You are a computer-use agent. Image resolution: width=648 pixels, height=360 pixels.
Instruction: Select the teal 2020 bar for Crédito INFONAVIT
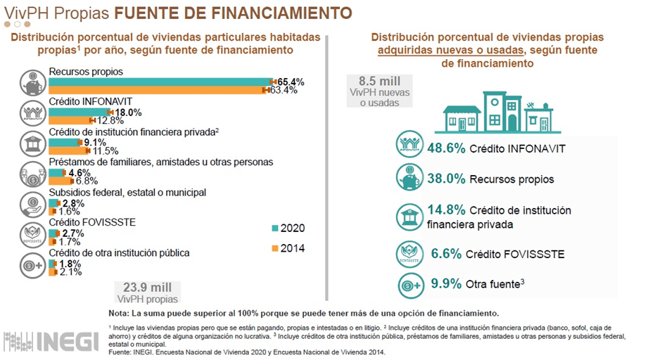pos(80,112)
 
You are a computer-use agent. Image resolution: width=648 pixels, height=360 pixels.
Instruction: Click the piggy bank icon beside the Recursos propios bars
pos(33,82)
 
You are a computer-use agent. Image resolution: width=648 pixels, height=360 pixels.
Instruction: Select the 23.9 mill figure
pos(147,287)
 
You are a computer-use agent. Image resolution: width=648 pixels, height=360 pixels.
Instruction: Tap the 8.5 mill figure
pos(379,82)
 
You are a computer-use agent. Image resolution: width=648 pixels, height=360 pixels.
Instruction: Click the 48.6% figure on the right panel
pos(445,148)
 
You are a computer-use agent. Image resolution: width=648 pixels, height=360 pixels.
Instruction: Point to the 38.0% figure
pos(445,179)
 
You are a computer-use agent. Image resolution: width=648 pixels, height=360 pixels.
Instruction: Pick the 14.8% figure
pos(445,210)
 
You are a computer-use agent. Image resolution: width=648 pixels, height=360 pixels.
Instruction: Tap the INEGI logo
pos(52,340)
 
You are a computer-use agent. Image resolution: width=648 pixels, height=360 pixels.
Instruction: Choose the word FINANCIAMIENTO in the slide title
pos(281,13)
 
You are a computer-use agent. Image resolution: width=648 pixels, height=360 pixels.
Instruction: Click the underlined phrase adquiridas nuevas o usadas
pos(450,50)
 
